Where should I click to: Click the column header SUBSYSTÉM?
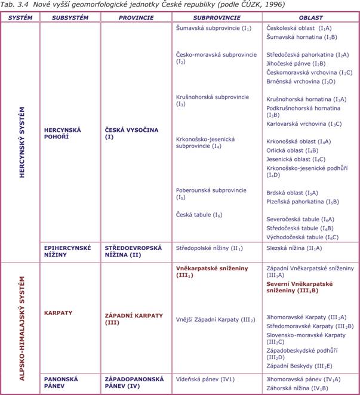pyautogui.click(x=70, y=18)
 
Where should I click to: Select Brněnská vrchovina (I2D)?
pyautogui.click(x=300, y=81)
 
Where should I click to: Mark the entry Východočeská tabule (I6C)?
pyautogui.click(x=302, y=237)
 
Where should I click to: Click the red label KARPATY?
pyautogui.click(x=57, y=312)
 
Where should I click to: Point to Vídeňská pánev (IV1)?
pyautogui.click(x=205, y=379)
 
